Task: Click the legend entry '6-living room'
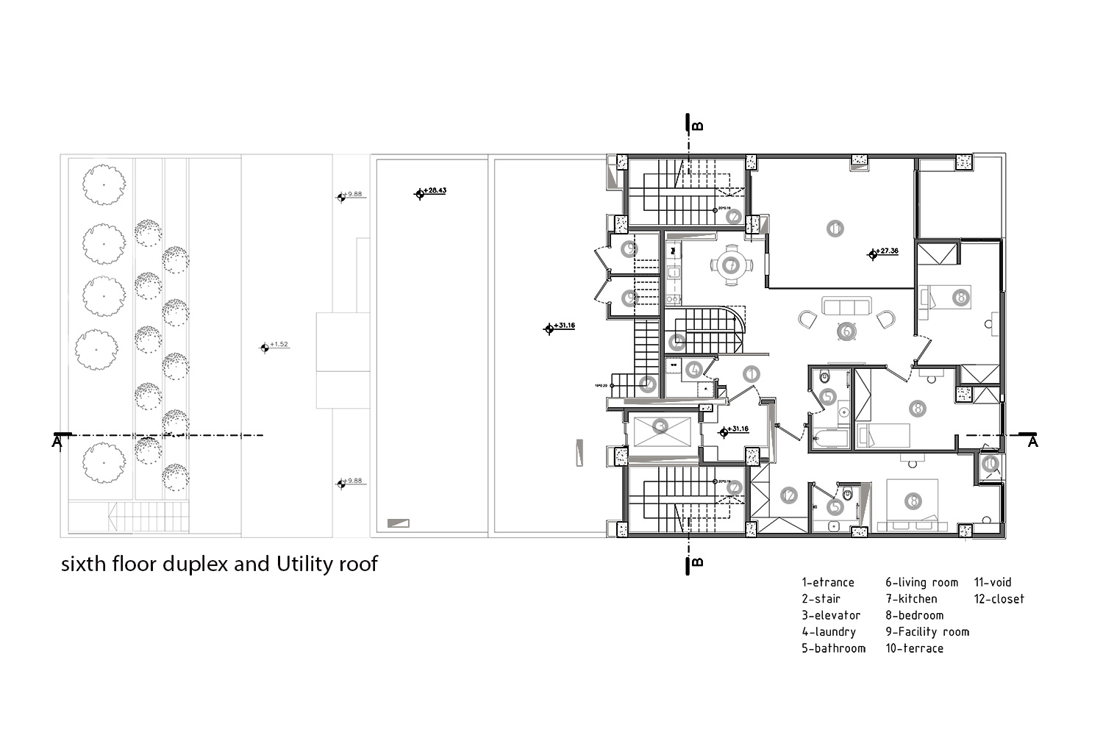[921, 582]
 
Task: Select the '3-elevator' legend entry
[831, 615]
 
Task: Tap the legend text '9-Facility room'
[927, 631]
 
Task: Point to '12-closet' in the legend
[999, 599]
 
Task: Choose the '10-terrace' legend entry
[914, 648]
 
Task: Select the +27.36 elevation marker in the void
[885, 252]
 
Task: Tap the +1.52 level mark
[278, 345]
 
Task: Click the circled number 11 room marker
[835, 229]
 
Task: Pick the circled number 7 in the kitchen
[730, 265]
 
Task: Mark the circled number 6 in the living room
[846, 332]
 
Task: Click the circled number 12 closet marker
[788, 495]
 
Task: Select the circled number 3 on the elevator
[661, 426]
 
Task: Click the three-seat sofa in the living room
[846, 306]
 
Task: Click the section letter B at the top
[697, 126]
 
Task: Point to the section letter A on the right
[1032, 442]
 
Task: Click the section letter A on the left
[57, 442]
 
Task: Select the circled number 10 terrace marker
[990, 463]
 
